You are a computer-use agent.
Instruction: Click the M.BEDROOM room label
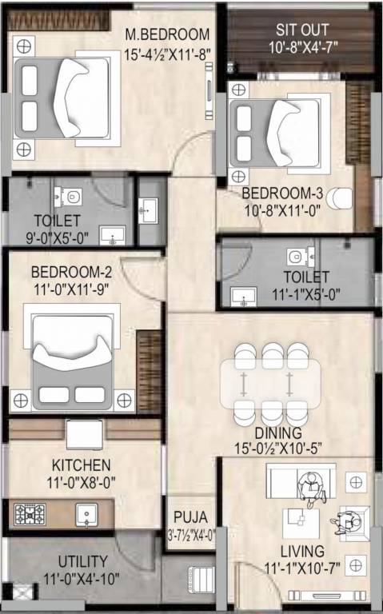click(x=167, y=34)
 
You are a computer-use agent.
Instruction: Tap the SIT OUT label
click(x=302, y=30)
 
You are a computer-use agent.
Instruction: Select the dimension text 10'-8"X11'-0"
click(x=283, y=211)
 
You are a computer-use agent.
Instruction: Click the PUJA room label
click(x=191, y=517)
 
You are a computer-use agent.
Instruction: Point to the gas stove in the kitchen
click(x=30, y=514)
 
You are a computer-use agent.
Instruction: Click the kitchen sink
click(x=86, y=515)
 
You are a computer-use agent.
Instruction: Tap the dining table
click(x=270, y=384)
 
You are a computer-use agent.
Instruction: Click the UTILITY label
click(x=82, y=561)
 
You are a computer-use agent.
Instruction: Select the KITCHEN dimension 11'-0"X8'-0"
click(x=82, y=482)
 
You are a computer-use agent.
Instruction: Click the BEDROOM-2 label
click(x=71, y=272)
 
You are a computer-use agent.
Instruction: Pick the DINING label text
click(x=278, y=433)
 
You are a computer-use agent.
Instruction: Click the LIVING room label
click(x=302, y=552)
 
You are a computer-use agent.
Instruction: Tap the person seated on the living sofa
click(x=311, y=489)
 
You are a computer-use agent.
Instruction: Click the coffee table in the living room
click(x=301, y=523)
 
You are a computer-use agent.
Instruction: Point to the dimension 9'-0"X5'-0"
click(x=58, y=237)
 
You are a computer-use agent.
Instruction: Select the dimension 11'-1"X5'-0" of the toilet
click(x=306, y=294)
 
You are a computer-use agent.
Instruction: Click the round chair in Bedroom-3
click(x=340, y=198)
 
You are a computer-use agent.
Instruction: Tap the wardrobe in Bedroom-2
click(x=149, y=371)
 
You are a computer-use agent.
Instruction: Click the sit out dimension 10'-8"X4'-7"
click(x=303, y=47)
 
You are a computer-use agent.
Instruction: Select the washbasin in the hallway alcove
click(x=148, y=211)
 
